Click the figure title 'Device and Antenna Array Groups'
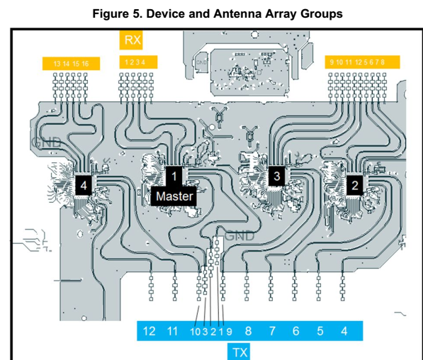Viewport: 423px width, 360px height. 212,13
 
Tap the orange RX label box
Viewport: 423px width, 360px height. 132,40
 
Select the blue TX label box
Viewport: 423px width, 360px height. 239,351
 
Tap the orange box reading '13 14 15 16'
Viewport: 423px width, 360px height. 71,64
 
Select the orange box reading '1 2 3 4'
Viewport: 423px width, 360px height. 135,62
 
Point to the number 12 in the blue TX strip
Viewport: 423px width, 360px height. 149,331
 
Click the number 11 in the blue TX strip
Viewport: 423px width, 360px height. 172,331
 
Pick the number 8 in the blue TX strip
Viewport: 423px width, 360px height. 248,331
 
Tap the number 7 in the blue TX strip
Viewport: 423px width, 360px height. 272,331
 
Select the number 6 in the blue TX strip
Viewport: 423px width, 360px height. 296,331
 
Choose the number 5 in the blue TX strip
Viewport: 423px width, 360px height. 320,331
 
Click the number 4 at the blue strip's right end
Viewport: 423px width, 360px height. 344,331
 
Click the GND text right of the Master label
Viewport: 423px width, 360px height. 239,235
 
